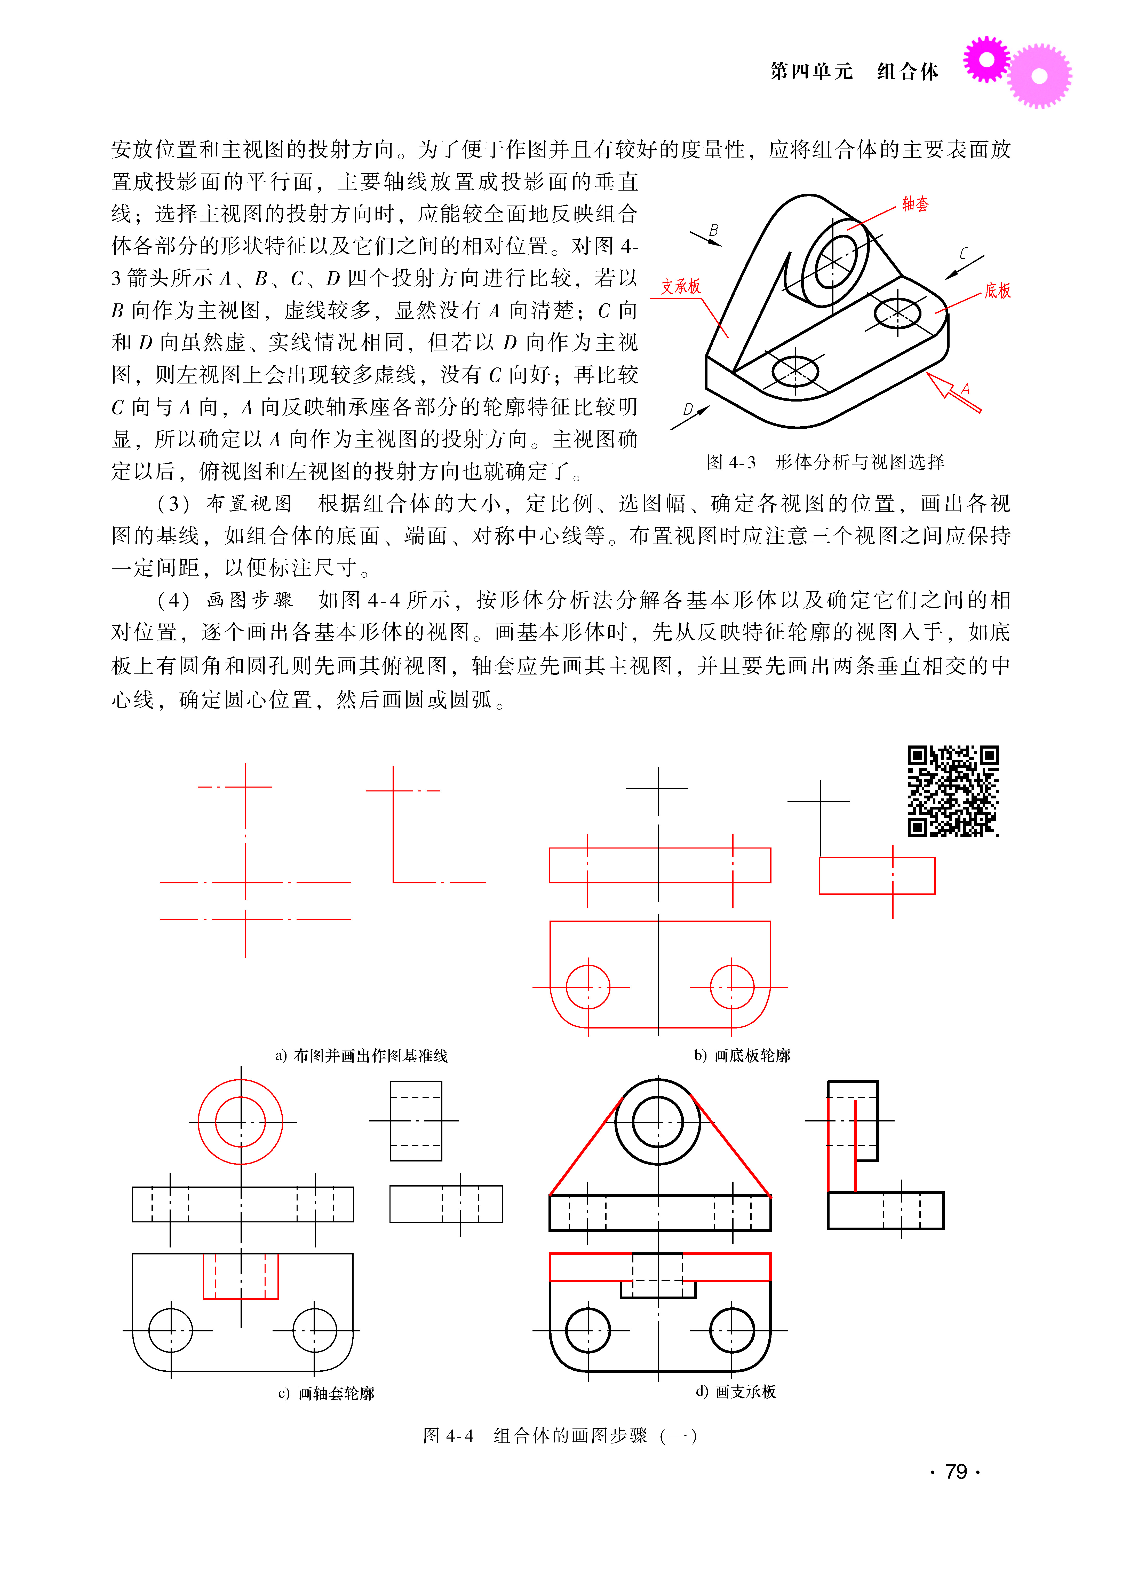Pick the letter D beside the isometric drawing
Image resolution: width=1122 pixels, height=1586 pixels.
click(x=688, y=409)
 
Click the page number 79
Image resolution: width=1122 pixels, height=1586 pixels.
click(x=956, y=1471)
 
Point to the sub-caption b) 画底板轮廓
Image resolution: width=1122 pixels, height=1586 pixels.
click(x=742, y=1055)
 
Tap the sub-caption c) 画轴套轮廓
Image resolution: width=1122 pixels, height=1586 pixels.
click(x=326, y=1393)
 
